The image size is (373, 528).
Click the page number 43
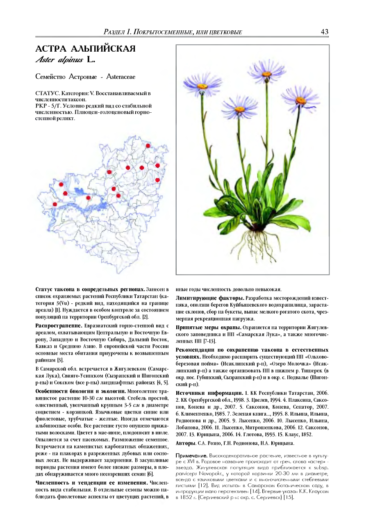point(324,32)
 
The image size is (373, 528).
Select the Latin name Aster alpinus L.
point(66,60)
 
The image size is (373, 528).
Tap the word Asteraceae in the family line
point(121,76)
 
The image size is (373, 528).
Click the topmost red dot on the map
point(148,146)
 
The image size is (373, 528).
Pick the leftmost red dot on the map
point(55,204)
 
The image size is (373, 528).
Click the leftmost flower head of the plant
point(202,86)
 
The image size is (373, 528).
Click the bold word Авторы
point(185,443)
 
